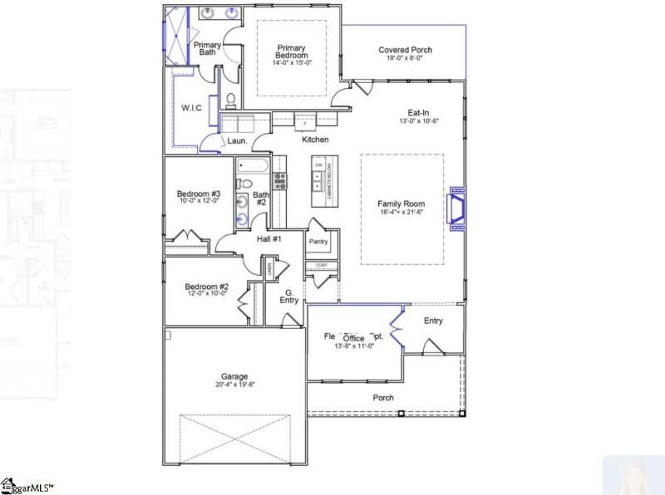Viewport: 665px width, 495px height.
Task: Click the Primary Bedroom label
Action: [x=292, y=51]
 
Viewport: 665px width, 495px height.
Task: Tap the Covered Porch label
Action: [x=405, y=50]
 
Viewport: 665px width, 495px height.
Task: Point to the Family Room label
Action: [x=401, y=203]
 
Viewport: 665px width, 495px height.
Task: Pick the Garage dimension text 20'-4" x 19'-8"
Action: [x=234, y=385]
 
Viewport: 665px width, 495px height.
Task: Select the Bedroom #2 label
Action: [x=206, y=287]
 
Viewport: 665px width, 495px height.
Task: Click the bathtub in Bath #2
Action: [x=251, y=164]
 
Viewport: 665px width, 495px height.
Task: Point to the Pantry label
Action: [x=318, y=242]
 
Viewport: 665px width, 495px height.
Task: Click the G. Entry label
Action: [x=290, y=297]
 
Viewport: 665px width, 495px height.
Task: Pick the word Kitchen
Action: [x=315, y=140]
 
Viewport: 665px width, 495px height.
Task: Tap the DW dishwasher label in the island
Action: [x=318, y=165]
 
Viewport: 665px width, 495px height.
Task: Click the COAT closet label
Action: [x=321, y=265]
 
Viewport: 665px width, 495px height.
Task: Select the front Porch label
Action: [x=383, y=398]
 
